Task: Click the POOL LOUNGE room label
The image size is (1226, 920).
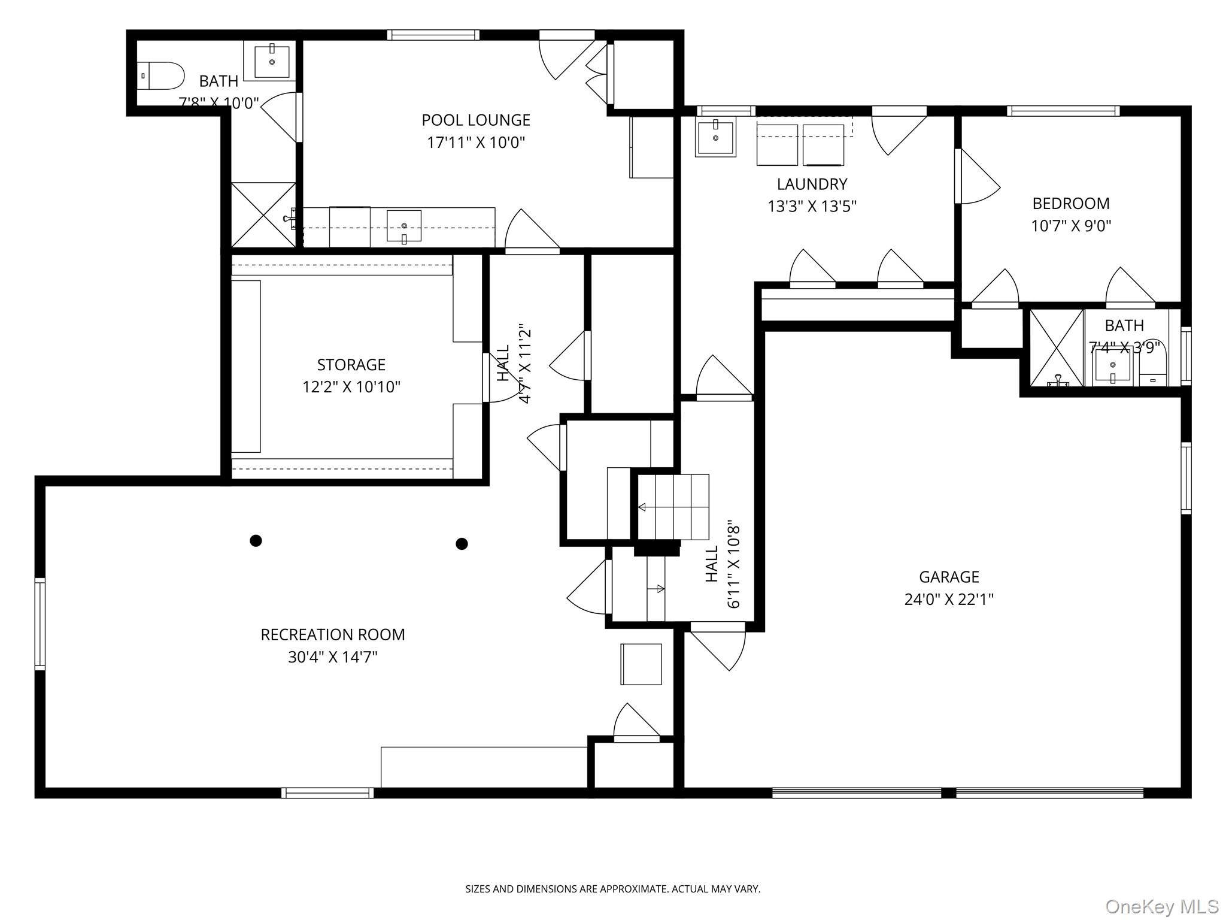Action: coord(476,120)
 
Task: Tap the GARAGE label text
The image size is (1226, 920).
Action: coord(949,577)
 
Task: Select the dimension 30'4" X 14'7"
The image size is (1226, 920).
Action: coord(333,657)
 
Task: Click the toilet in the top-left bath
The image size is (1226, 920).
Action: coord(160,76)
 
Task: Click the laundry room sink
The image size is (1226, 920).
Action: coord(715,138)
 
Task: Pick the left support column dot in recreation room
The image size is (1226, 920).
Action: coord(256,541)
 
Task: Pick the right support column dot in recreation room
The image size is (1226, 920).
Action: coord(462,544)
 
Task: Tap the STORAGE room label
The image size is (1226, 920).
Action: coord(351,365)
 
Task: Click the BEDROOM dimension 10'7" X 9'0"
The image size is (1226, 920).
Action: coord(1071,226)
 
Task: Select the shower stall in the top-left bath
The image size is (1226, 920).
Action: coord(263,215)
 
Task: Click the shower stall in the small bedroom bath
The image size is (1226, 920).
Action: coord(1057,348)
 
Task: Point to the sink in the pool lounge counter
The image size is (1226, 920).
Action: coord(404,226)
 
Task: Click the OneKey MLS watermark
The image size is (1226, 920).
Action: coord(1161,907)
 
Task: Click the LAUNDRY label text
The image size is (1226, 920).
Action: coord(812,184)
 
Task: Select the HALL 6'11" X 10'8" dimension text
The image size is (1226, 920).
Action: coord(734,566)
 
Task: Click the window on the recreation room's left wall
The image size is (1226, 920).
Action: coord(40,624)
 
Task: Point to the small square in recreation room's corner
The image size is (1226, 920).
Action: coord(641,664)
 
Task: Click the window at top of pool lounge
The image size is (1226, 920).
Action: coord(433,35)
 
